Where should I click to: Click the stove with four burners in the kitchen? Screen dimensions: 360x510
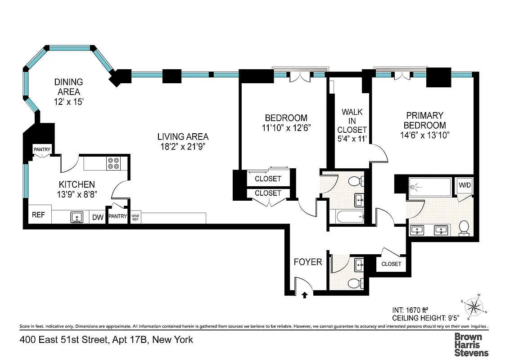point(113,163)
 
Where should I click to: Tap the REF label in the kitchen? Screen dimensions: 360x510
point(38,215)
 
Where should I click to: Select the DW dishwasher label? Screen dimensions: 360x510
point(98,217)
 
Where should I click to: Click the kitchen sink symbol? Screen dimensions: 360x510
point(77,218)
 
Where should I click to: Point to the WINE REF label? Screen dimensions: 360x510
point(135,217)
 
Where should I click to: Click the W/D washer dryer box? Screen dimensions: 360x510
point(464,185)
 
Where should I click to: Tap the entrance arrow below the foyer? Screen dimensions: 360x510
point(305,295)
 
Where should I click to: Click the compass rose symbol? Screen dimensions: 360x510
point(474,307)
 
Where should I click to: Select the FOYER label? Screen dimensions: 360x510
point(308,262)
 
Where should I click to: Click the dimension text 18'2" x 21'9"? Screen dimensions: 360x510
point(183,147)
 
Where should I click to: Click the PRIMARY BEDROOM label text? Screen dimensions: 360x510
point(424,120)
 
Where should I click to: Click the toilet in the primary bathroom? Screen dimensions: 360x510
point(464,228)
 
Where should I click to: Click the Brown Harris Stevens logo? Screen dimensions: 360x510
point(471,344)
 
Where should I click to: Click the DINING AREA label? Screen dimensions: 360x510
point(68,87)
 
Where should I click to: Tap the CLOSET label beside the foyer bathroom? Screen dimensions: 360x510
point(391,264)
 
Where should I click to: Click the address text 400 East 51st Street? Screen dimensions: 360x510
point(63,340)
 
